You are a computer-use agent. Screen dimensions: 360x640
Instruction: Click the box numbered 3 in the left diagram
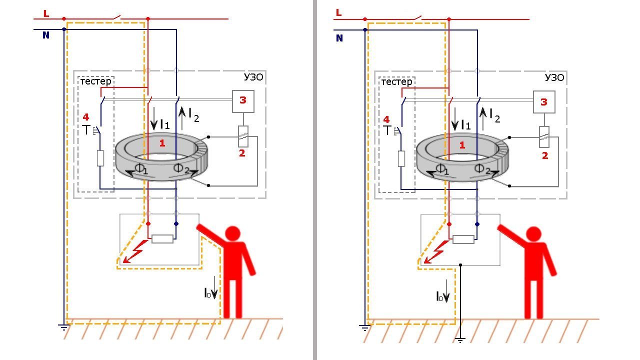243,100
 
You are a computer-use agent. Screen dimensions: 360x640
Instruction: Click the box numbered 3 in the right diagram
544,102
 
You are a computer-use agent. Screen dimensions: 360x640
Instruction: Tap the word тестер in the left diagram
96,81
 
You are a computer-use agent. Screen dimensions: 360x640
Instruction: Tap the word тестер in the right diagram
397,81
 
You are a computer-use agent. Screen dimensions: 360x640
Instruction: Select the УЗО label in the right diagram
554,78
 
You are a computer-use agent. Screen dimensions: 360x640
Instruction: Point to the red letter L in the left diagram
46,14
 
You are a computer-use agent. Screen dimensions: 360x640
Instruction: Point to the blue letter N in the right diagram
339,38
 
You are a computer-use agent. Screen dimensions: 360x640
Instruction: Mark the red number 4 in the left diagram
85,117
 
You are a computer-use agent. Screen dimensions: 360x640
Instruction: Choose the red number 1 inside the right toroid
462,145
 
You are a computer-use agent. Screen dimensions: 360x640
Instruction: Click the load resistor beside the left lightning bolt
162,238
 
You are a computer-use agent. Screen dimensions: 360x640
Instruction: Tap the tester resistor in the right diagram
401,158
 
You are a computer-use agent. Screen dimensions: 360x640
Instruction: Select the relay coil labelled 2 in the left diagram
243,135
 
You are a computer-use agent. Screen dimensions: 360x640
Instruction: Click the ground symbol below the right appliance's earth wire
460,339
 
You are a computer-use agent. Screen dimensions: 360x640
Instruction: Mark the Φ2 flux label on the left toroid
180,168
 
